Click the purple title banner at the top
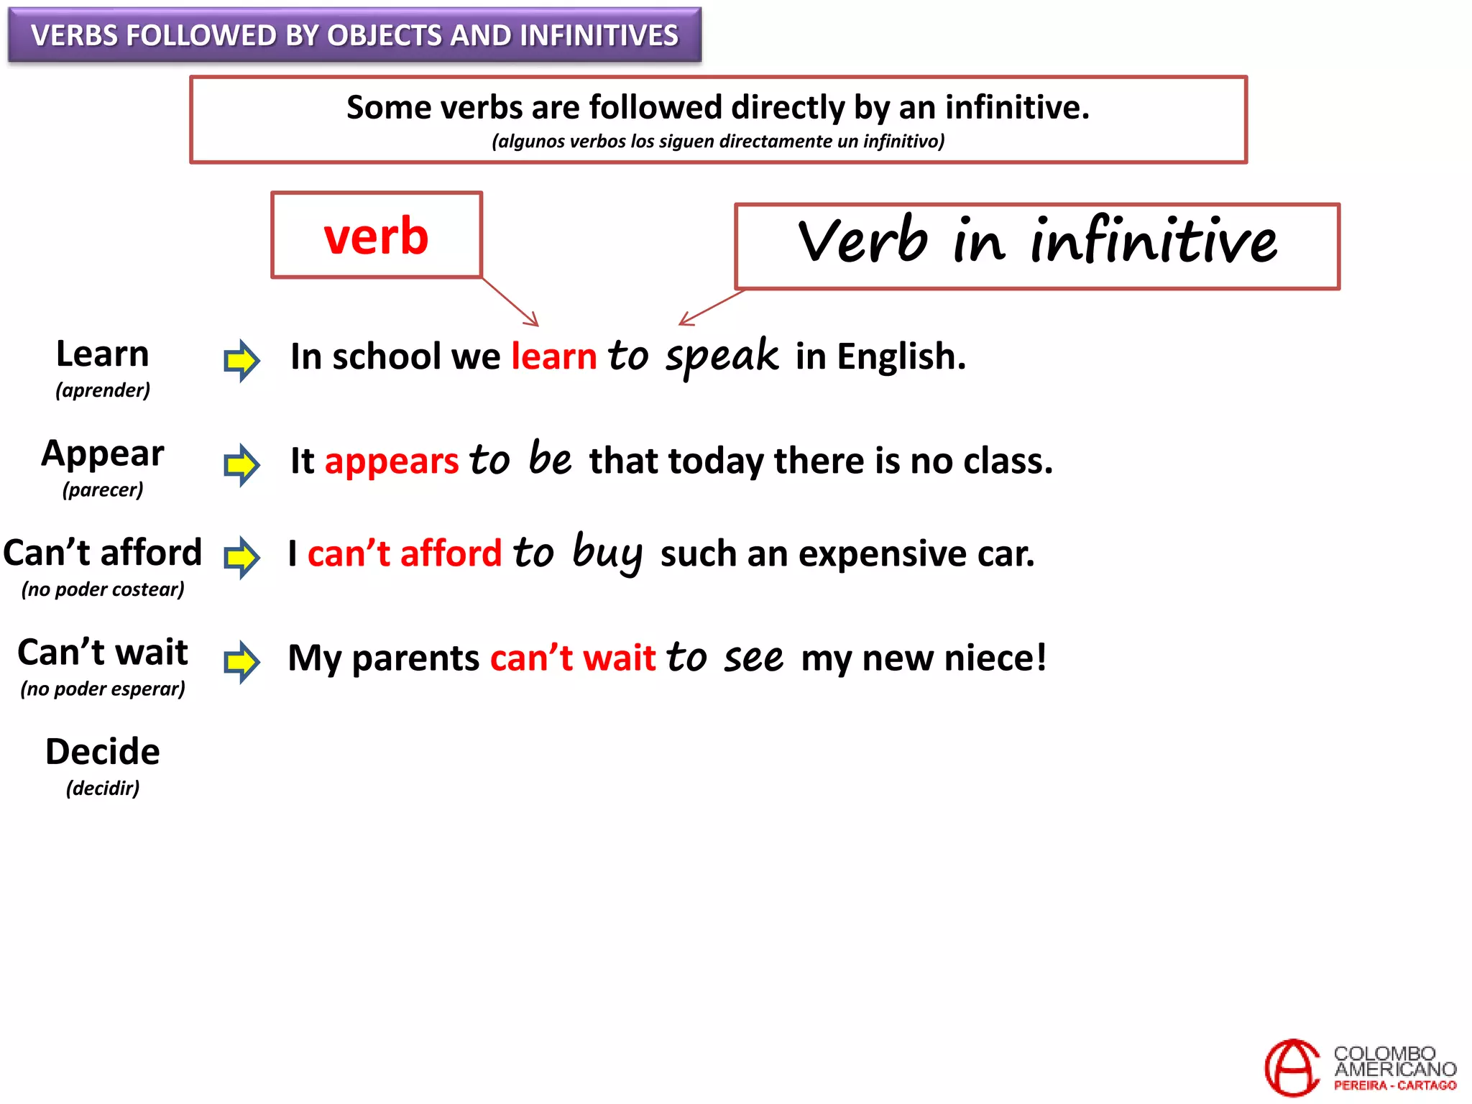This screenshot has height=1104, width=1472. coord(354,34)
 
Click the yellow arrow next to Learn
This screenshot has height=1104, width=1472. coord(241,360)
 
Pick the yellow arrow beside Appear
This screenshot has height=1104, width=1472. coord(241,464)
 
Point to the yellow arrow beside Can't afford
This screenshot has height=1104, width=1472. coord(241,557)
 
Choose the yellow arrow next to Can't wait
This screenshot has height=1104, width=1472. coord(241,661)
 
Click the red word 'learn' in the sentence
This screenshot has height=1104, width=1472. coord(553,356)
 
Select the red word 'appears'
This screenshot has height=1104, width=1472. coord(392,461)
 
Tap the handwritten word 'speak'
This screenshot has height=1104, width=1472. coord(722,356)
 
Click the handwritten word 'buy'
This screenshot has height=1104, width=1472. coord(607,553)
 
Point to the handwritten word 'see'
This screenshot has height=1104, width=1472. coord(753,658)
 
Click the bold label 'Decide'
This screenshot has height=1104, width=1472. coord(103,752)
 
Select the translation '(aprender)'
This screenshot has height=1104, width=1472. coord(103,390)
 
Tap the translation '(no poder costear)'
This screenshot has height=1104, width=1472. coord(103,589)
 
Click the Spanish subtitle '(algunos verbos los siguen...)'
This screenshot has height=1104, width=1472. coord(718,141)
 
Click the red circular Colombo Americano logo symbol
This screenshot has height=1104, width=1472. coord(1292,1067)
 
